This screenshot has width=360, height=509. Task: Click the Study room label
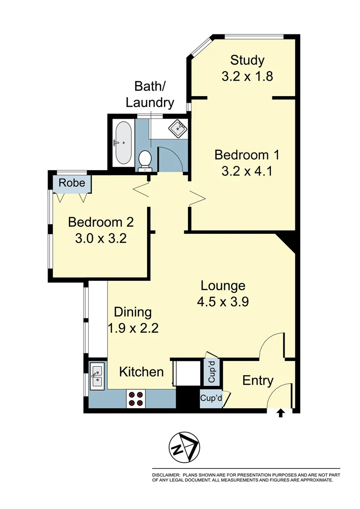click(247, 60)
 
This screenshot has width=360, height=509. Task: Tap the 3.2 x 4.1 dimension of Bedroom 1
click(247, 170)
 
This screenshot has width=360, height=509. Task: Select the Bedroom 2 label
click(101, 222)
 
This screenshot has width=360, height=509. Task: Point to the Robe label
click(73, 182)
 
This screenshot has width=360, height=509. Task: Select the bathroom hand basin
click(178, 127)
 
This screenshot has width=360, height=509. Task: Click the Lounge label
click(223, 286)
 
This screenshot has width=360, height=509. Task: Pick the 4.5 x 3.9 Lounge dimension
click(223, 302)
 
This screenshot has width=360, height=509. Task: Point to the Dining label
click(133, 312)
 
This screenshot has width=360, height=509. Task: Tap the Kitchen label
click(141, 372)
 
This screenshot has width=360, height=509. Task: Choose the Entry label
click(258, 380)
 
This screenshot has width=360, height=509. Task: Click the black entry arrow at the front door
click(280, 413)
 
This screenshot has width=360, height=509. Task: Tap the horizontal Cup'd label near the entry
click(212, 399)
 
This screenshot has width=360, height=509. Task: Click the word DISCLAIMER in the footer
click(165, 475)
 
